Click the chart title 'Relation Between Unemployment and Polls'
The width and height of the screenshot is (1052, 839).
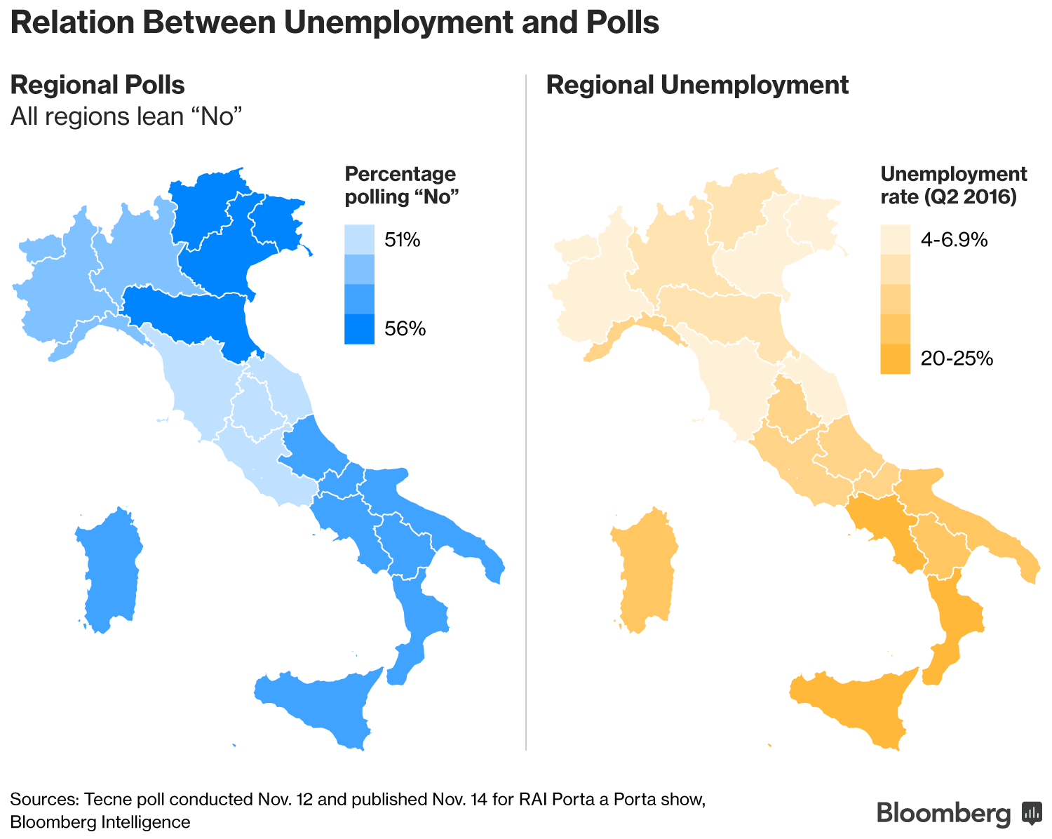point(335,22)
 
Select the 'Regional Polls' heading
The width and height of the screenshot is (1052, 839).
point(97,85)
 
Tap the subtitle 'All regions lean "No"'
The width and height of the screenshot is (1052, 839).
point(126,116)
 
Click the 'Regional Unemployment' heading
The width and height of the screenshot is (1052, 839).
point(697,85)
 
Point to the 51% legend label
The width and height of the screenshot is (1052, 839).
point(403,241)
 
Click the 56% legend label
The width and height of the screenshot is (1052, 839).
point(405,328)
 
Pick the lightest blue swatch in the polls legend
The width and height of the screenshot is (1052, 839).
point(359,239)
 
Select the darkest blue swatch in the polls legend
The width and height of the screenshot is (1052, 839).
point(359,329)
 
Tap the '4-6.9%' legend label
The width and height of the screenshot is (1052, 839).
point(954,241)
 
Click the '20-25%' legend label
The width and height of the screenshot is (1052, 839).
point(957,358)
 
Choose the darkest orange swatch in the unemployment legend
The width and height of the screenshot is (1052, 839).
point(895,358)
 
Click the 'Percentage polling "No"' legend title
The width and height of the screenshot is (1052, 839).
point(401,185)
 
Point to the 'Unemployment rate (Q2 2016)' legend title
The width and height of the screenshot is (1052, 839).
point(953,185)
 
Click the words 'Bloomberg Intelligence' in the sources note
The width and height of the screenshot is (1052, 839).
point(100,821)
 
